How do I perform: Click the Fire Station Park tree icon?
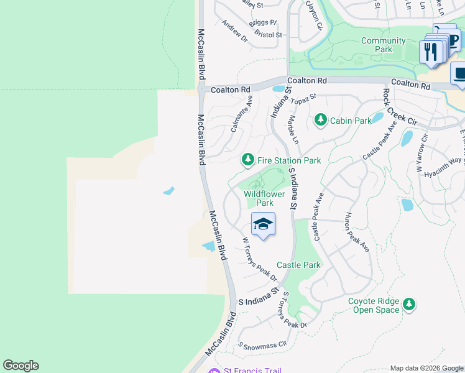click(248, 160)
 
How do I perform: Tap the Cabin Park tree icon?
click(321, 119)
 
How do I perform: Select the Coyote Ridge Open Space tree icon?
click(408, 304)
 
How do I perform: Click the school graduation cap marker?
click(263, 224)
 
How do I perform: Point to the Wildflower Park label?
click(264, 198)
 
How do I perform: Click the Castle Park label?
click(298, 265)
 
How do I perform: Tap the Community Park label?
click(384, 45)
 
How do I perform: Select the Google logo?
click(21, 366)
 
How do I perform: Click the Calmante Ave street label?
click(241, 114)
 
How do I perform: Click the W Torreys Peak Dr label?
click(259, 257)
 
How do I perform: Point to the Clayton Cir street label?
click(314, 16)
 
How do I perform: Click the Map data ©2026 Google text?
click(427, 368)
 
